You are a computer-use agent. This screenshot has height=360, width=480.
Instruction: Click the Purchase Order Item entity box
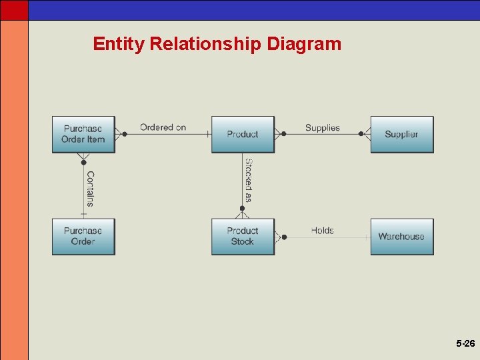pos(83,134)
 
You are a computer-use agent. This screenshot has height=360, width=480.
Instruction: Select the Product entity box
pos(243,134)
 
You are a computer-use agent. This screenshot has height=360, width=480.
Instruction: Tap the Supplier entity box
pos(401,134)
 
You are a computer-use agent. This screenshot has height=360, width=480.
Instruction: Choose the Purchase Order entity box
pos(83,236)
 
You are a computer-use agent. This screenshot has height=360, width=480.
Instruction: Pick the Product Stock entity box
pos(243,236)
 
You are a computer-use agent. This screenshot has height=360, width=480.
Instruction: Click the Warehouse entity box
pos(401,236)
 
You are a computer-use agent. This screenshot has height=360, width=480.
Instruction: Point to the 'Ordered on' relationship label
pos(163,127)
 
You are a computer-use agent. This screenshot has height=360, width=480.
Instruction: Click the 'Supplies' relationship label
pos(323,127)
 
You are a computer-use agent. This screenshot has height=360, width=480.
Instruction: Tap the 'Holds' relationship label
pos(323,230)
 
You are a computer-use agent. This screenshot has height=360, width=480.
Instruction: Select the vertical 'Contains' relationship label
pos(90,189)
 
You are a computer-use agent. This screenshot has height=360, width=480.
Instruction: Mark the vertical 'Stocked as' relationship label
pos(248,180)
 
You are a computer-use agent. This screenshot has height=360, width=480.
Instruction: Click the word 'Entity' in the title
pos(119,44)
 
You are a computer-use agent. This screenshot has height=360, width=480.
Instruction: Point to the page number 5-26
pos(465,344)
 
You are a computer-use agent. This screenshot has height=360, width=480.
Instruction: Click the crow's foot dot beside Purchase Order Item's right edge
pos(124,134)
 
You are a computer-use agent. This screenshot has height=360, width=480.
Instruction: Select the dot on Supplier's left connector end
pos(361,134)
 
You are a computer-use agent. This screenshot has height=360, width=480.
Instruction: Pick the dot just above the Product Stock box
pos(243,209)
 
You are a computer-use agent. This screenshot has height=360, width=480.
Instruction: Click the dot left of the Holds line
pos(284,237)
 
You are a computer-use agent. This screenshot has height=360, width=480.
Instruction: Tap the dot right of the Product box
pos(284,134)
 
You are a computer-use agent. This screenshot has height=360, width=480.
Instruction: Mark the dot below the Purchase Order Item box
pos(83,162)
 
